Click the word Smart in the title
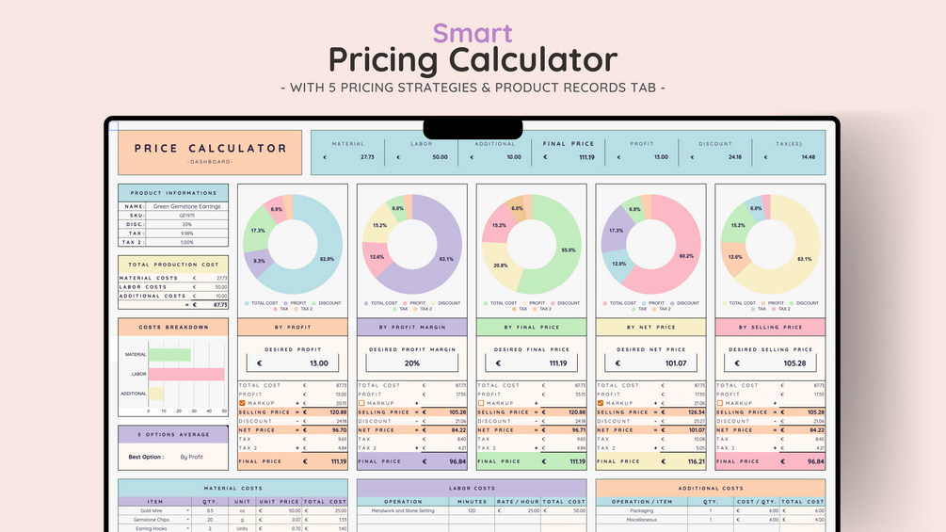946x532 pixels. pos(473,33)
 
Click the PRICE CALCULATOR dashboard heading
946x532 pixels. pos(210,149)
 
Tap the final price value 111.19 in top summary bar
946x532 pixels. pos(585,157)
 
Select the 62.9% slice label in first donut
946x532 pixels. pos(327,259)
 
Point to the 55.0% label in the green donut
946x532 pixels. pos(568,250)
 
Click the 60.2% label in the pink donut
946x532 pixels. pos(686,256)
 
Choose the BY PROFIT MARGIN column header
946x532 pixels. pos(412,327)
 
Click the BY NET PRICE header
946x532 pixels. pos(651,327)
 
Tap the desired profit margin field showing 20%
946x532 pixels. pos(412,363)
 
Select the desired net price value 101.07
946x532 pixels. pos(675,363)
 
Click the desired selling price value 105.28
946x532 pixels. pos(794,363)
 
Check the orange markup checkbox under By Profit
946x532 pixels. pos(242,403)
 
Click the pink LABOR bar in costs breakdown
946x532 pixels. pos(186,374)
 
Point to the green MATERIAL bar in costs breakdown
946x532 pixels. pos(169,354)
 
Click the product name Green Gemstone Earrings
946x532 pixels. pos(186,206)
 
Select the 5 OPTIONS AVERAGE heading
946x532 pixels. pos(172,434)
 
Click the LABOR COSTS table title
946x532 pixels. pos(472,489)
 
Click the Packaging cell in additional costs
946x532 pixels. pos(641,511)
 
